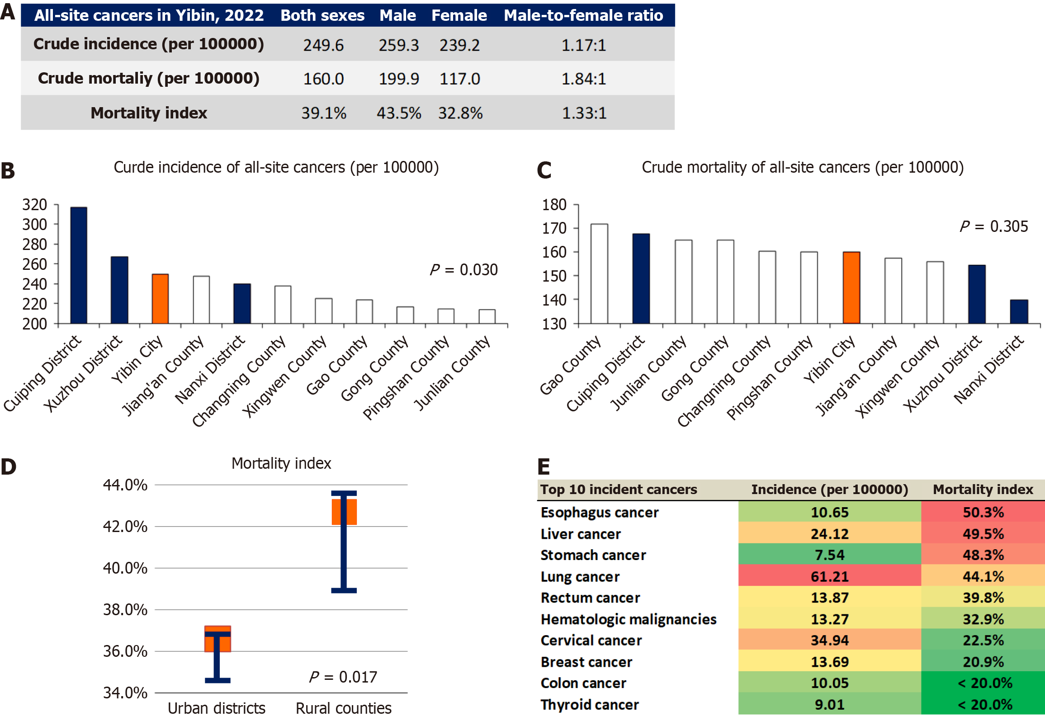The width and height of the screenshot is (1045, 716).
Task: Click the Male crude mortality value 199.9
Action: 398,79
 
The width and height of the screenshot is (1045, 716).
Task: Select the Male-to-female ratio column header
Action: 583,15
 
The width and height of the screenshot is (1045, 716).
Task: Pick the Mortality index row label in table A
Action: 149,113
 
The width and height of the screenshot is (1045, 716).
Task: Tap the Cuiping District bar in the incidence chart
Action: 79,265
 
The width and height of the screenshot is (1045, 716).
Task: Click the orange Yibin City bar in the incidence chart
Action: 160,299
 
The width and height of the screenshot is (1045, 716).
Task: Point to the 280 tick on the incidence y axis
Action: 35,245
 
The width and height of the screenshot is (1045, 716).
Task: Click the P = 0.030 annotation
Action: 463,270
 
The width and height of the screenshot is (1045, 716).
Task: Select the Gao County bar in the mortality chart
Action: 599,274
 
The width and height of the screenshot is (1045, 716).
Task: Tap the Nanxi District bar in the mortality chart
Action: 1019,312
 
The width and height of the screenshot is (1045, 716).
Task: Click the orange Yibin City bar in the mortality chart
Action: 851,288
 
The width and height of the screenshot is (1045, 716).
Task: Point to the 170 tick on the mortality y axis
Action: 554,228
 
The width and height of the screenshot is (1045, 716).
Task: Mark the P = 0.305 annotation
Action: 994,226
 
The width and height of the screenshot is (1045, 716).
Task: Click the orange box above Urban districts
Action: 218,639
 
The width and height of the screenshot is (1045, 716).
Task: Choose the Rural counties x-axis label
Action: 344,708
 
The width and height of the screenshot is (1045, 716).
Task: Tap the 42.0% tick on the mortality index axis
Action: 125,527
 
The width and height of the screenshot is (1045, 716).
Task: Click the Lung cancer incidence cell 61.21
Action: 829,577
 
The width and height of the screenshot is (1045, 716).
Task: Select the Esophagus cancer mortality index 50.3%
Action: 983,513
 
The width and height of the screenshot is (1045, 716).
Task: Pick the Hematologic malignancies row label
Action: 629,619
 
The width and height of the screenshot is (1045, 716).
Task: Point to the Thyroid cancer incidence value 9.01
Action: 829,705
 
